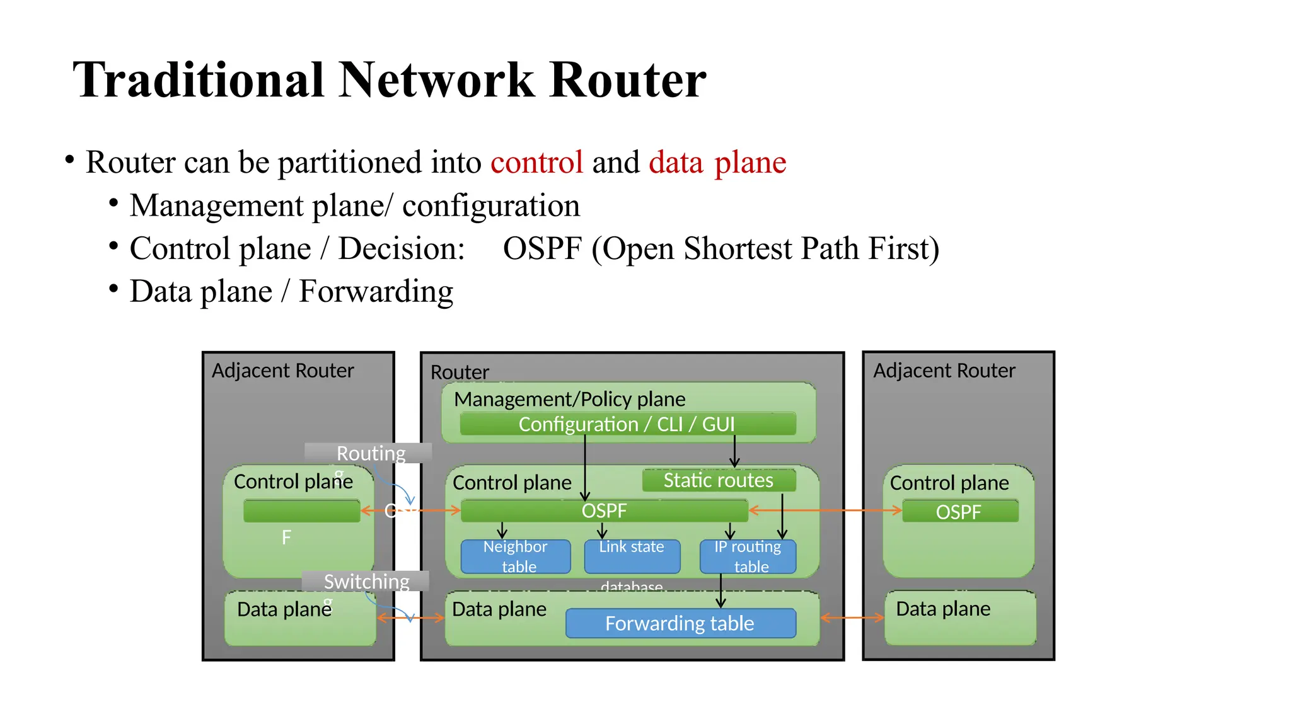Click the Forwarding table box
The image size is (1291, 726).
(x=680, y=623)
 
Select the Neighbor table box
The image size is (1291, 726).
(x=516, y=556)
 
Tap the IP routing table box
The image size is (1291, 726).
(x=748, y=556)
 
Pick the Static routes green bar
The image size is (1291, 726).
(x=719, y=481)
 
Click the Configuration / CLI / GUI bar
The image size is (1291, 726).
(x=627, y=424)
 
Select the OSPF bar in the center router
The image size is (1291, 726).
(x=604, y=510)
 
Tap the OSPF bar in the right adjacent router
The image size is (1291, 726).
(x=959, y=512)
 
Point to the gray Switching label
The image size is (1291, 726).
(x=366, y=581)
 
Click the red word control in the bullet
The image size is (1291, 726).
(x=536, y=163)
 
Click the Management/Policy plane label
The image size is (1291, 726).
(x=569, y=399)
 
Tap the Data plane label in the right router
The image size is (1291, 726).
(x=943, y=609)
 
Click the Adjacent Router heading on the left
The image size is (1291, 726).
(x=282, y=371)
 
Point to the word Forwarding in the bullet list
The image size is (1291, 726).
(x=376, y=292)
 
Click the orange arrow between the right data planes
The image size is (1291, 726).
(x=852, y=618)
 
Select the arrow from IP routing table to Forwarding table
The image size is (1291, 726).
(x=721, y=589)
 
